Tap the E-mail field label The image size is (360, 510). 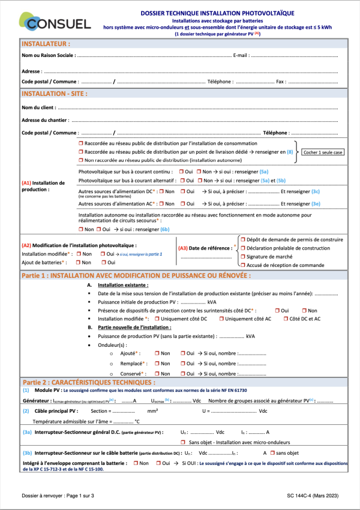(x=240, y=55)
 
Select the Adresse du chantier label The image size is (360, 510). (x=46, y=120)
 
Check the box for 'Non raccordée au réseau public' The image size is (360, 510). (x=81, y=161)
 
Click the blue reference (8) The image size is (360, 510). (x=290, y=152)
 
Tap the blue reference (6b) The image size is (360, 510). (x=164, y=229)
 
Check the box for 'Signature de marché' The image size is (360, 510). (x=243, y=256)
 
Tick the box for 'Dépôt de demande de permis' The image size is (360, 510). (x=243, y=239)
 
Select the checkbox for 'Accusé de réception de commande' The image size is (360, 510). (x=243, y=265)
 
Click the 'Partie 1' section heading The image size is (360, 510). (x=137, y=275)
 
